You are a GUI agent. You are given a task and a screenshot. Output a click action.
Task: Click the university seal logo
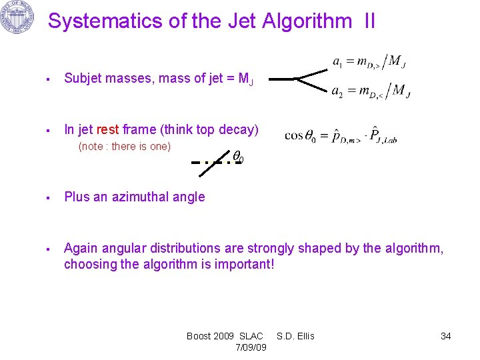18,18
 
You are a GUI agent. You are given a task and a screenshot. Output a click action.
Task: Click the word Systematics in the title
106,21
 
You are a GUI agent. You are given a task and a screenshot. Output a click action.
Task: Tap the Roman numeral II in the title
369,21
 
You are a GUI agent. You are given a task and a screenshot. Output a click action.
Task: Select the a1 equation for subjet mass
369,62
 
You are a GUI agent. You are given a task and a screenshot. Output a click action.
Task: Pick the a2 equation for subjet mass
371,91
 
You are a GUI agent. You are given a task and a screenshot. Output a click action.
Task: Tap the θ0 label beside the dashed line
238,157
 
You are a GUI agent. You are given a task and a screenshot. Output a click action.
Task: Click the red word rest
108,130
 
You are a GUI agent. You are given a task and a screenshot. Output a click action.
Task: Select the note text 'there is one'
141,147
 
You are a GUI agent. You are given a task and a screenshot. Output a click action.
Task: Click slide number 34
445,336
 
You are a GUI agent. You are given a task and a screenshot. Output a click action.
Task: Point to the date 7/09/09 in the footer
251,347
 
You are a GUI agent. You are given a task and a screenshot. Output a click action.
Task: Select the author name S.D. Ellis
295,336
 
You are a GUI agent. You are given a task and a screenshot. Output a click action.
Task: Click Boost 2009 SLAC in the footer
225,336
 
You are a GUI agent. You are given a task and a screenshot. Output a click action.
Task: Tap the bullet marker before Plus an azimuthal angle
49,197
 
